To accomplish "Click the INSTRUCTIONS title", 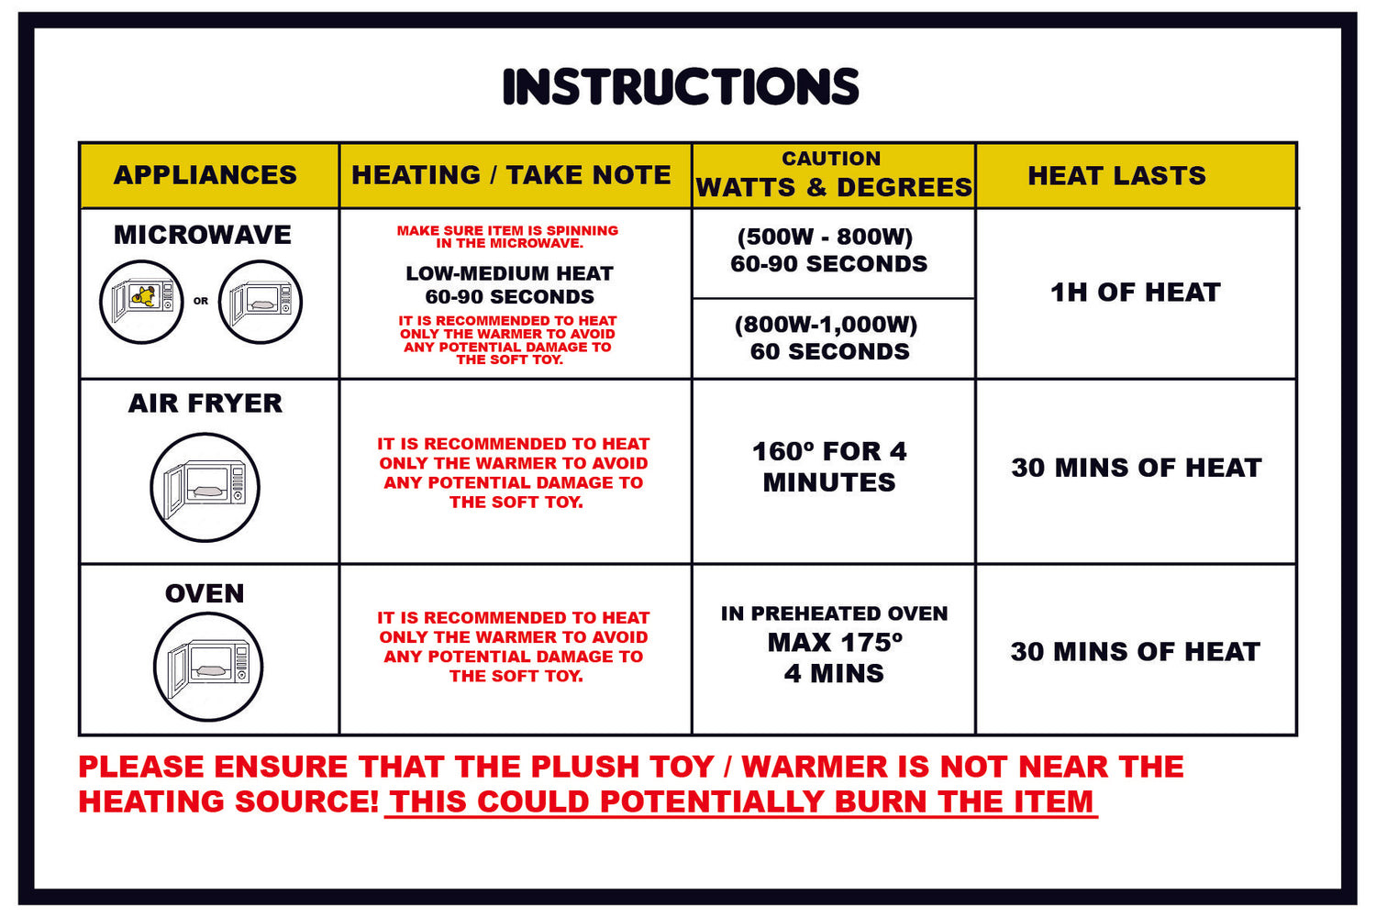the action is click(x=681, y=86).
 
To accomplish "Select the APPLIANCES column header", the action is click(x=205, y=175).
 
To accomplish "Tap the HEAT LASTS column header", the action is click(x=1116, y=176).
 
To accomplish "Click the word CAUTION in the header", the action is click(x=831, y=159).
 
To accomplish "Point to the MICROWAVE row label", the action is click(x=203, y=235).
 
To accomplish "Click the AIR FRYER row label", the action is click(x=205, y=403).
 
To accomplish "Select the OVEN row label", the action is click(x=205, y=593).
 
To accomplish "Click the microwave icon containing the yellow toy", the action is click(x=141, y=302).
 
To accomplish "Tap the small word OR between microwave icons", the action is click(x=201, y=301).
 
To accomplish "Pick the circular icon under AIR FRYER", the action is click(x=205, y=487).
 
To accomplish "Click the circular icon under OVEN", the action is click(x=207, y=667).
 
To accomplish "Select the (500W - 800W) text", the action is click(x=825, y=238).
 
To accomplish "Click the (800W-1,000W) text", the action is click(x=827, y=325).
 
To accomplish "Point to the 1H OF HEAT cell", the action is click(x=1136, y=293).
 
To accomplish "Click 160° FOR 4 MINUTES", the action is click(x=829, y=467).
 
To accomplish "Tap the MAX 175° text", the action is click(x=835, y=643).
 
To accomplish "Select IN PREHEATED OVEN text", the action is click(x=834, y=613).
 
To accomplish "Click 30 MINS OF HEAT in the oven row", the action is click(x=1136, y=652).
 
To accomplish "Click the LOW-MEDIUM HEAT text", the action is click(x=510, y=273).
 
